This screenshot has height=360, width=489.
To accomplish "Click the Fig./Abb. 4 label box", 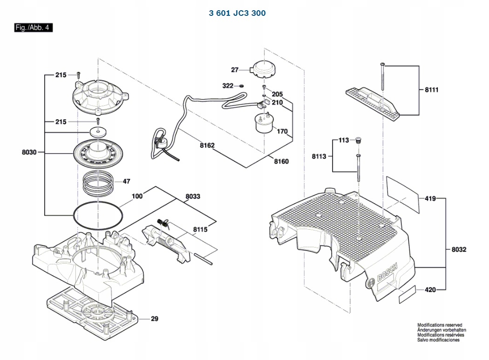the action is click(34, 27).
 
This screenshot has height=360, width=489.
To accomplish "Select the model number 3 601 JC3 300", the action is click(238, 13).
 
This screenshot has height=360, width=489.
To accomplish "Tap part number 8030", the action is click(29, 152).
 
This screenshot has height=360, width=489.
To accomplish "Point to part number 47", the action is click(126, 181).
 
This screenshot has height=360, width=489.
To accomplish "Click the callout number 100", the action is click(137, 196).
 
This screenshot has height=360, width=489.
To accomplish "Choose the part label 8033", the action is click(193, 197).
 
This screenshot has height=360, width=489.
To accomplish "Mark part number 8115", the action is click(200, 230).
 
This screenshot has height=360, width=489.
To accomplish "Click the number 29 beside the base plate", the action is click(154, 319).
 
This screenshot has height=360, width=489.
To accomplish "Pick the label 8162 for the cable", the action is click(207, 145).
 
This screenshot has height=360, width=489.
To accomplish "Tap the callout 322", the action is click(228, 86).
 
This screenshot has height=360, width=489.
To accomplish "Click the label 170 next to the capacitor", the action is click(282, 131).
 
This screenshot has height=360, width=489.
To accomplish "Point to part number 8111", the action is click(432, 90).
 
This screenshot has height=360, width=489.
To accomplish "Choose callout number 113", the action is click(344, 140).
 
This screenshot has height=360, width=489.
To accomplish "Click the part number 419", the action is click(430, 198).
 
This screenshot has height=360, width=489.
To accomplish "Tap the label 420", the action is click(430, 290).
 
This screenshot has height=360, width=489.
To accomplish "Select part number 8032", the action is click(459, 250).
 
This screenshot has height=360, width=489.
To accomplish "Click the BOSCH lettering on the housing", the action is click(387, 272).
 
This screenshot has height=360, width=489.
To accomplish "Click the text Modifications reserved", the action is click(440, 325).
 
